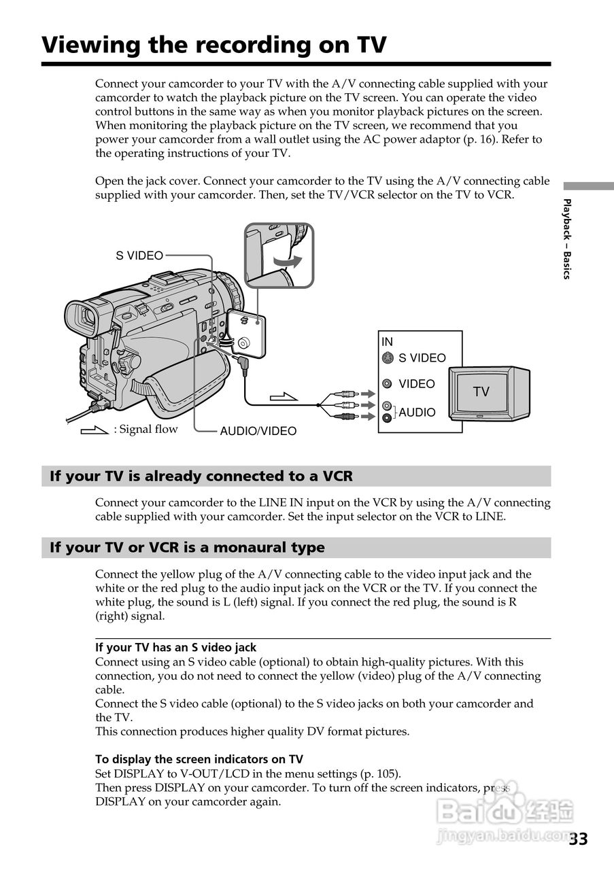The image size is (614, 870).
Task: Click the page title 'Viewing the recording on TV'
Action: coord(214,45)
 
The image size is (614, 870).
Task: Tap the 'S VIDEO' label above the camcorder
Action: coord(139,256)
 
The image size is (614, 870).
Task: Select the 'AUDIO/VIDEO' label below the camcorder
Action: coord(258,431)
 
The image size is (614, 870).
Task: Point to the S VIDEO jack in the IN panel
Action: coord(387,358)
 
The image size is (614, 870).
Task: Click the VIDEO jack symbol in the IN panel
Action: coord(387,384)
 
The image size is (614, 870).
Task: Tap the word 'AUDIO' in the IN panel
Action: coord(417,413)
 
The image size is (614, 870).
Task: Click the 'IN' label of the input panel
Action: coord(387,342)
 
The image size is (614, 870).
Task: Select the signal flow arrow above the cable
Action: coord(284,396)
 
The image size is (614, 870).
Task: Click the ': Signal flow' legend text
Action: coord(146,429)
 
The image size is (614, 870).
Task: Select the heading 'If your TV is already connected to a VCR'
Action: coord(201,476)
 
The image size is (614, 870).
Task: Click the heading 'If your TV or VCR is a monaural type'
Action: coord(187,548)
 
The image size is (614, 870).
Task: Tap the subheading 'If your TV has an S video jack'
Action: coord(175,648)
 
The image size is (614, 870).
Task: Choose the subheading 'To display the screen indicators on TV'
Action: coord(199,759)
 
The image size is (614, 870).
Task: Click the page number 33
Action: coord(578,839)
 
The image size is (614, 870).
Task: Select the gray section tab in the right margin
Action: coord(588,186)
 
